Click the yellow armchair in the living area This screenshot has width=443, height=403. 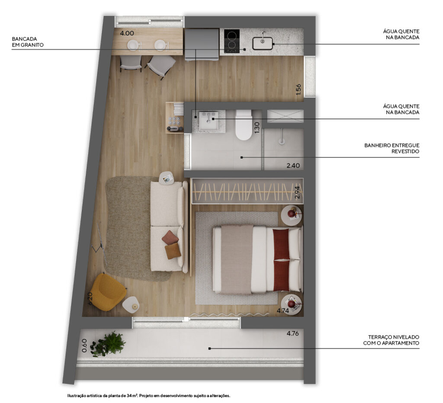(x=109, y=293)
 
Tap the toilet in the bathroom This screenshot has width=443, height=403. (x=244, y=125)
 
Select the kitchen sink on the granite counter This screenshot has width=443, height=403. (x=263, y=43)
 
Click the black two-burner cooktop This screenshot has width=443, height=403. (x=232, y=41)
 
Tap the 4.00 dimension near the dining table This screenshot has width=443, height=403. (x=127, y=33)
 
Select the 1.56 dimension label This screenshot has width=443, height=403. (x=299, y=89)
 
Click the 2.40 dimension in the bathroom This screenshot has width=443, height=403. (x=293, y=166)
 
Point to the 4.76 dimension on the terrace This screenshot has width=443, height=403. (x=293, y=333)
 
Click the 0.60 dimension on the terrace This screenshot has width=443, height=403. (x=84, y=345)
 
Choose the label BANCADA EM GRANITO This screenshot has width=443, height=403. (x=28, y=42)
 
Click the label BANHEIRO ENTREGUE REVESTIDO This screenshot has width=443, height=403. (x=392, y=148)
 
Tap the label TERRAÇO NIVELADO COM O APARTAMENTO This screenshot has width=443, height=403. (x=391, y=340)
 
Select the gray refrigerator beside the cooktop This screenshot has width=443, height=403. (x=202, y=45)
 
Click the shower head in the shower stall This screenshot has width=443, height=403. (x=281, y=138)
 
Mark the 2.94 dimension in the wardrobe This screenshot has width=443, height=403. (x=297, y=192)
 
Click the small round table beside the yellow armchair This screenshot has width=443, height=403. (x=131, y=304)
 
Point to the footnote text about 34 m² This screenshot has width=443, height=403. (x=149, y=396)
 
